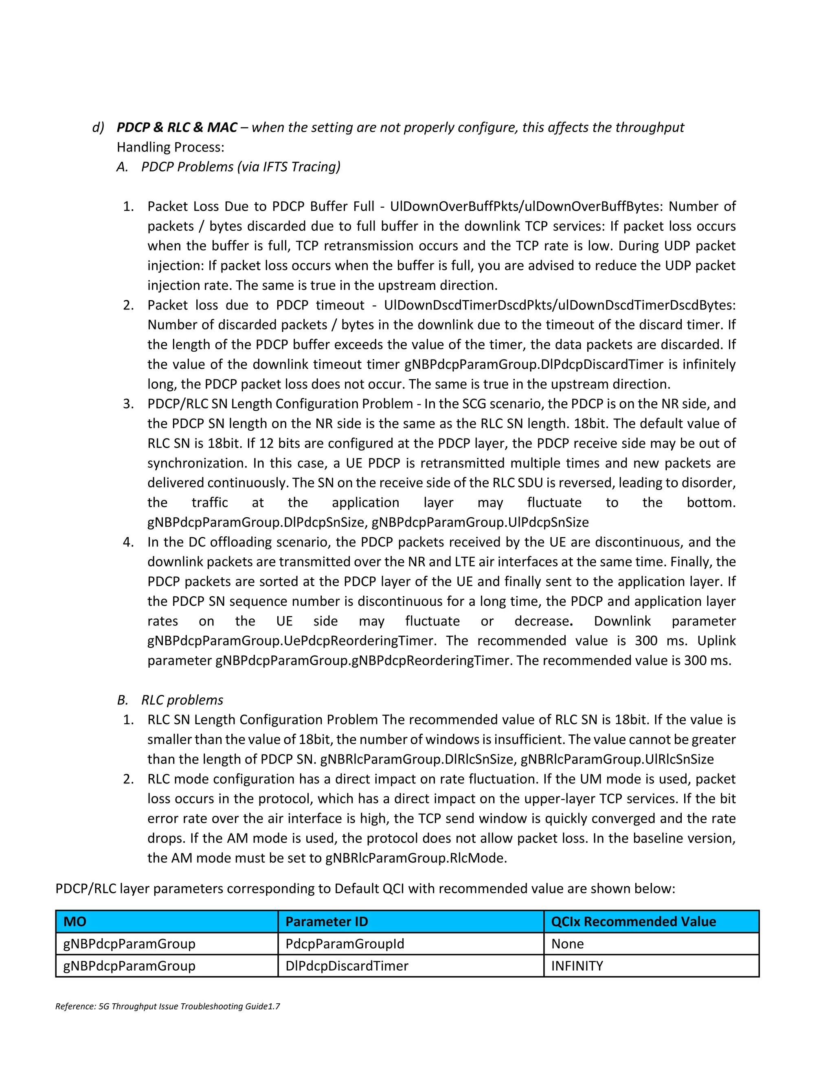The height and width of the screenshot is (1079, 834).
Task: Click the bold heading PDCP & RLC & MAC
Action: click(x=177, y=127)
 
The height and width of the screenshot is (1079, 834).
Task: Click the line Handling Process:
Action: click(x=171, y=147)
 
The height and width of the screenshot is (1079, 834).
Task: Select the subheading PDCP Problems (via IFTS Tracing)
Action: click(x=241, y=167)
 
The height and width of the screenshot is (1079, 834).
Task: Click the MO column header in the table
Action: click(x=75, y=921)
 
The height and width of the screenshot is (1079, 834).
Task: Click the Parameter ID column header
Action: click(x=327, y=921)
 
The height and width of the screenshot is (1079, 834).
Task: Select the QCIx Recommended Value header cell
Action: click(x=633, y=921)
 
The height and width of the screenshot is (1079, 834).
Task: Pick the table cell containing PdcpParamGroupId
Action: click(x=345, y=944)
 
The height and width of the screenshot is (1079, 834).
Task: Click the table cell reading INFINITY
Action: click(x=577, y=966)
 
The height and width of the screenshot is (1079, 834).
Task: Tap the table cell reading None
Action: click(x=567, y=944)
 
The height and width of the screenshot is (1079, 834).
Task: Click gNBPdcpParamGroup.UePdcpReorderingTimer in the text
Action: click(x=292, y=641)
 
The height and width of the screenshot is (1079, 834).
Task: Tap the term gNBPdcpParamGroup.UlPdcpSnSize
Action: click(x=480, y=522)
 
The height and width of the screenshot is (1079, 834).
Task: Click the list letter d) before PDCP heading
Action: click(x=98, y=127)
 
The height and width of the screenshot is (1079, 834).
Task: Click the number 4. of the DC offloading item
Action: click(x=128, y=542)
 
